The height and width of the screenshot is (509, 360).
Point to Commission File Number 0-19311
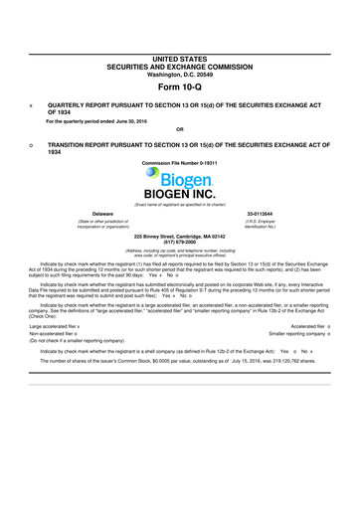coord(180,161)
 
